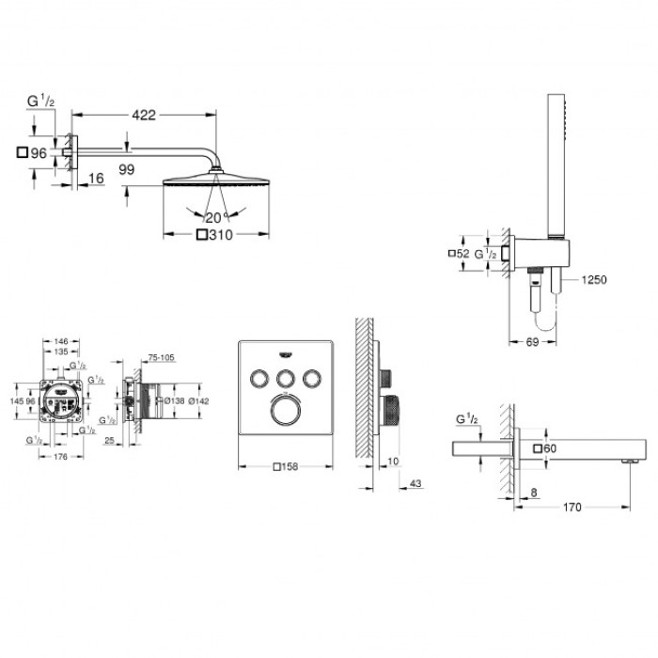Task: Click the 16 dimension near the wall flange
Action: click(x=97, y=179)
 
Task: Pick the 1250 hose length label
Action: click(x=594, y=279)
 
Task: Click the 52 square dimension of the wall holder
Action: click(x=462, y=254)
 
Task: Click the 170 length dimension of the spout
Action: click(x=572, y=508)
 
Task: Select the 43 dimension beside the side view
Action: click(x=415, y=482)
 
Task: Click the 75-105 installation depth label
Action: click(x=163, y=358)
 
